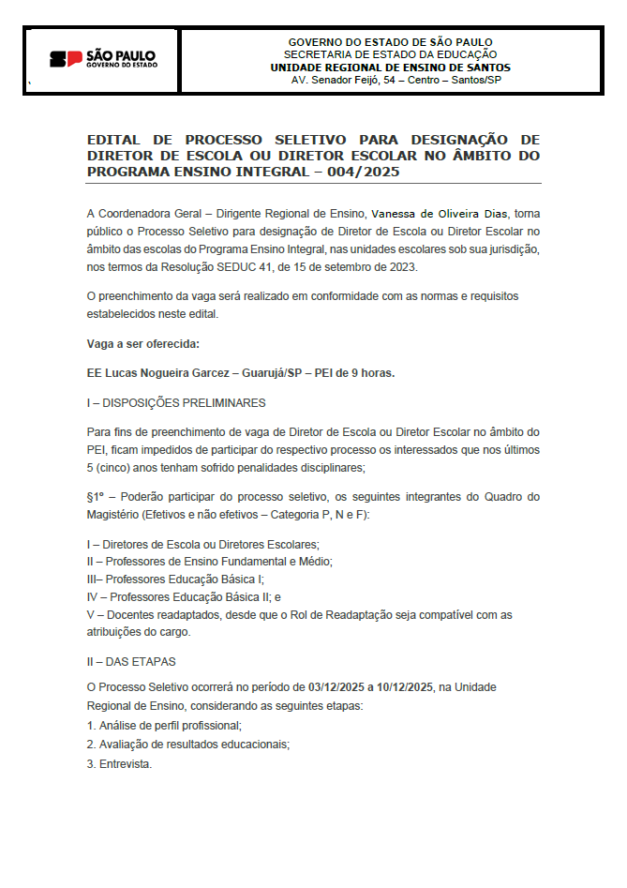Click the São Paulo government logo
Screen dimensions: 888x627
tap(102, 59)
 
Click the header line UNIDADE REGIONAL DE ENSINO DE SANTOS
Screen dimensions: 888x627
tap(390, 68)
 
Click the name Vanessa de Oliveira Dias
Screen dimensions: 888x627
tap(440, 214)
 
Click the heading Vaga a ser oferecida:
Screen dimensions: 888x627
tap(142, 345)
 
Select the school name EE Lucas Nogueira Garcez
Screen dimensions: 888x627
tap(157, 372)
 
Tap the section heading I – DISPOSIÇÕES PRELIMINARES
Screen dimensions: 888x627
tap(176, 403)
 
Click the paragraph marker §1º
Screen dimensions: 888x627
tap(97, 496)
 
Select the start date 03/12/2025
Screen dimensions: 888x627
tap(335, 687)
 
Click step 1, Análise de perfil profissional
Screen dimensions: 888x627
tap(164, 726)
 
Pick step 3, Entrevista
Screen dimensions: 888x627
tap(119, 763)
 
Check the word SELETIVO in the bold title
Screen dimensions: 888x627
tap(311, 139)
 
